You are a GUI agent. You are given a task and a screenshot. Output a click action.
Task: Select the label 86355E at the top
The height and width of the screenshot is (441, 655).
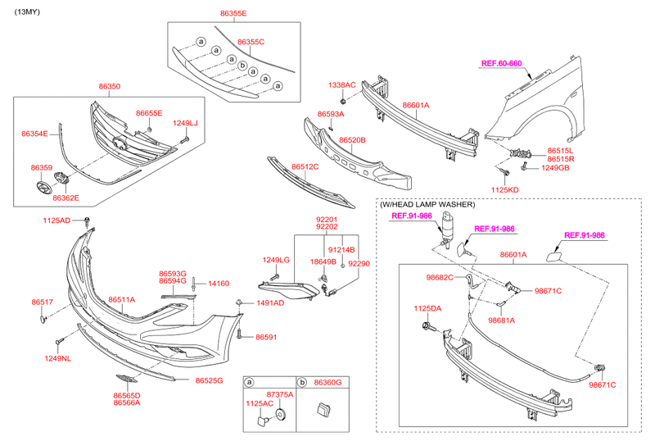(233, 14)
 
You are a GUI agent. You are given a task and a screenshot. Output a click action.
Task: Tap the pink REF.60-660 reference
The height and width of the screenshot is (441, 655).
(501, 63)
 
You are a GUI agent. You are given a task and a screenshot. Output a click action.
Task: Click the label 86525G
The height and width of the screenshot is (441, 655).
(209, 380)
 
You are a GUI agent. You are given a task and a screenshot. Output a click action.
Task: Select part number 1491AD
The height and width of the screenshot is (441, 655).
(269, 303)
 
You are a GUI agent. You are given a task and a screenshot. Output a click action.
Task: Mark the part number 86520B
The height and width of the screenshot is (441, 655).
(352, 140)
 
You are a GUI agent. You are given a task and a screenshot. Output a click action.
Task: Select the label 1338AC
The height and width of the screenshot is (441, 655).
(342, 84)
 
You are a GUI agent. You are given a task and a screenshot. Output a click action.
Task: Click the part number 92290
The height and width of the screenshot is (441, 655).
(359, 264)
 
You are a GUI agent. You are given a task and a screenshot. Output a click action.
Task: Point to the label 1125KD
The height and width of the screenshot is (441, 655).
(505, 189)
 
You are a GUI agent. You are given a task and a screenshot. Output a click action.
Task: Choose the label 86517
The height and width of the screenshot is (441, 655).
(43, 302)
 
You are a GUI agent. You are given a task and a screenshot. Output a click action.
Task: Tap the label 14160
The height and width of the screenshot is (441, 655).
(219, 283)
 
